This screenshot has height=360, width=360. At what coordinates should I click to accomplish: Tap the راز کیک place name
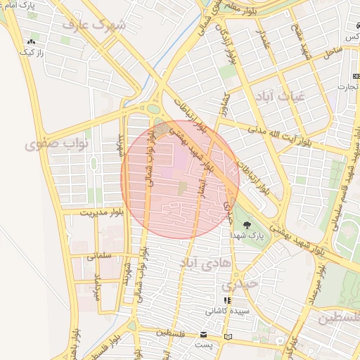pyautogui.click(x=32, y=53)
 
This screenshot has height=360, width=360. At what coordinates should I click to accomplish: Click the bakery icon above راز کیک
pyautogui.click(x=32, y=42)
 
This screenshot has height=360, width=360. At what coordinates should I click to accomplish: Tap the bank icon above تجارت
pyautogui.click(x=354, y=76)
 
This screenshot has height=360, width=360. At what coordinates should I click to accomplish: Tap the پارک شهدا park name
pyautogui.click(x=250, y=237)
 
